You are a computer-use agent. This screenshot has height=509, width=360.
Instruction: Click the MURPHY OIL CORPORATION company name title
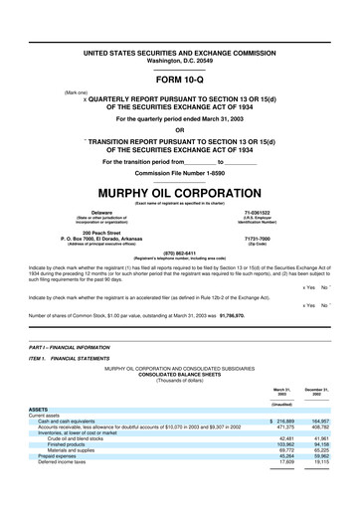(179, 190)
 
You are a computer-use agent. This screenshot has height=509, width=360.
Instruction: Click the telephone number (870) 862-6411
(179, 253)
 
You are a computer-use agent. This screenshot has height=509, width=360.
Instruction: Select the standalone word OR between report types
(179, 128)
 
